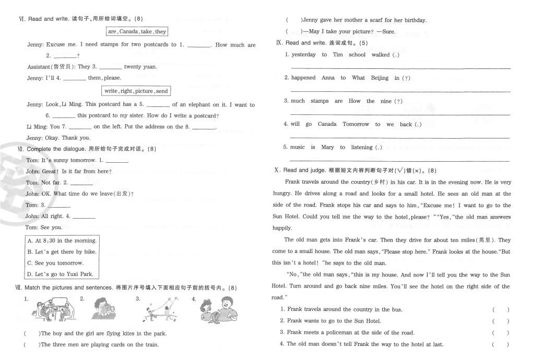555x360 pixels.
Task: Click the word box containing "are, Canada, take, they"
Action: click(136, 32)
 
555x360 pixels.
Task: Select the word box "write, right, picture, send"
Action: click(136, 91)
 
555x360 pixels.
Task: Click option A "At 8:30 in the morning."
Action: click(62, 241)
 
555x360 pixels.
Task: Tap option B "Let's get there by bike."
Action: click(62, 252)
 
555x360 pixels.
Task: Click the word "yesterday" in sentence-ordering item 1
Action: click(303, 55)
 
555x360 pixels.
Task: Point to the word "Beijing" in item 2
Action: click(380, 78)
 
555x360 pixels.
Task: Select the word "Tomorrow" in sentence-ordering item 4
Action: click(356, 124)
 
